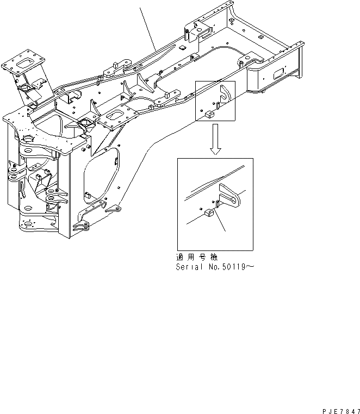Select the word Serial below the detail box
[x=188, y=267]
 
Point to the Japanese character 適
[x=179, y=257]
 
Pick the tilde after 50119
[x=251, y=267]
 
